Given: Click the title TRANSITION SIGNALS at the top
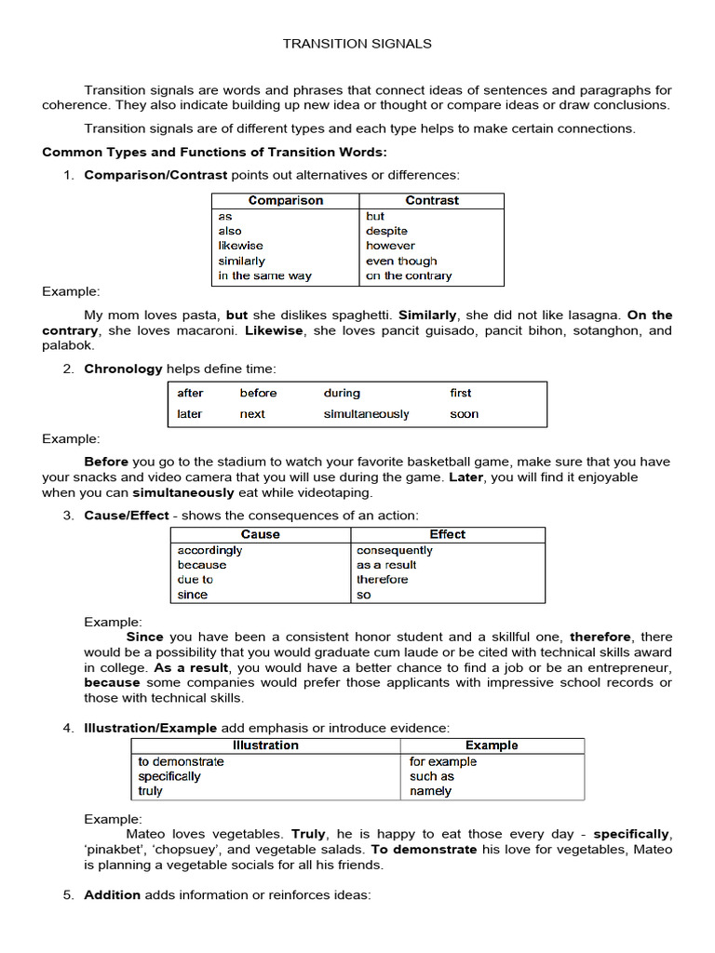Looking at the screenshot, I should tap(357, 44).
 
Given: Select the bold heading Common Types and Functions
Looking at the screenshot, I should tap(214, 152).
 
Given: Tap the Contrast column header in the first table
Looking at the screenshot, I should tap(432, 200).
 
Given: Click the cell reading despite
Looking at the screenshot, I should tap(386, 231).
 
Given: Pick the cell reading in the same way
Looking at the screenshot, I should tap(264, 275).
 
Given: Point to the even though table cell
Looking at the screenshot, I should tap(400, 261).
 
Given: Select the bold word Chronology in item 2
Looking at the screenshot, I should tap(123, 369).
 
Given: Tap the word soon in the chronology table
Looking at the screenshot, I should tap(464, 414).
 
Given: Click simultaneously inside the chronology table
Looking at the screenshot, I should tap(366, 414).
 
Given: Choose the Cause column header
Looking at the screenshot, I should tap(260, 534).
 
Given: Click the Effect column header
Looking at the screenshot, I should tap(447, 534).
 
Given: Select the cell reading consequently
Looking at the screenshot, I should tap(394, 550).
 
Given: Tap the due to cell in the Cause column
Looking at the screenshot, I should tap(195, 579).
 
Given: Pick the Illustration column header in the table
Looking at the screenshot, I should tap(265, 745).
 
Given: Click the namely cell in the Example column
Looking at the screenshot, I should tap(430, 791).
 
